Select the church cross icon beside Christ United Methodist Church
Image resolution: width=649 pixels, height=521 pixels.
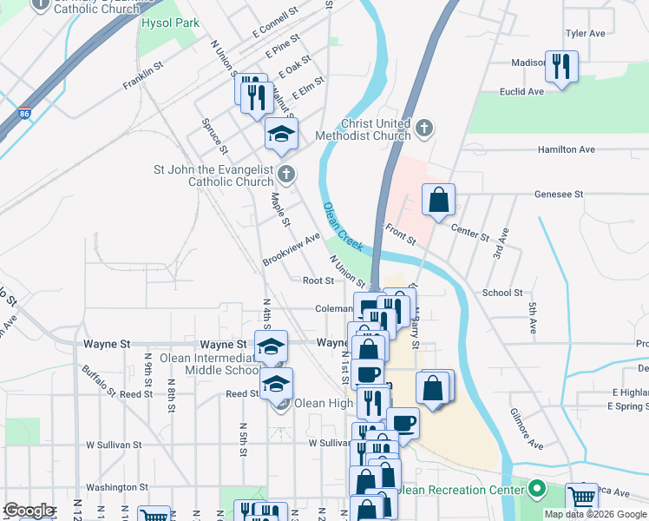click(424, 129)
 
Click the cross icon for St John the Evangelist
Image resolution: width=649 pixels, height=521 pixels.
click(286, 175)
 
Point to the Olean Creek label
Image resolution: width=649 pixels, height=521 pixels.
click(343, 227)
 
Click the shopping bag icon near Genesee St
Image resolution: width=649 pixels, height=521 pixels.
click(439, 200)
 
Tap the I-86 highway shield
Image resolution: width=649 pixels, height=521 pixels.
click(24, 113)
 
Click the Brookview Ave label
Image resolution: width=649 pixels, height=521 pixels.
click(292, 249)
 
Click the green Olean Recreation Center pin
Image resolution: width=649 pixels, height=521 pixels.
click(537, 491)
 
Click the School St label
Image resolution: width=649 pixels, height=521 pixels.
click(502, 293)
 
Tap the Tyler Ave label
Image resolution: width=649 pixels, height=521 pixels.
click(585, 33)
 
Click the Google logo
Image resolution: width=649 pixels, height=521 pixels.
click(29, 511)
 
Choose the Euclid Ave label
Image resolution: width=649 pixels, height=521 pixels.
click(521, 91)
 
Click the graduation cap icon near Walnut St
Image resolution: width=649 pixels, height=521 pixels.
click(281, 134)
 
